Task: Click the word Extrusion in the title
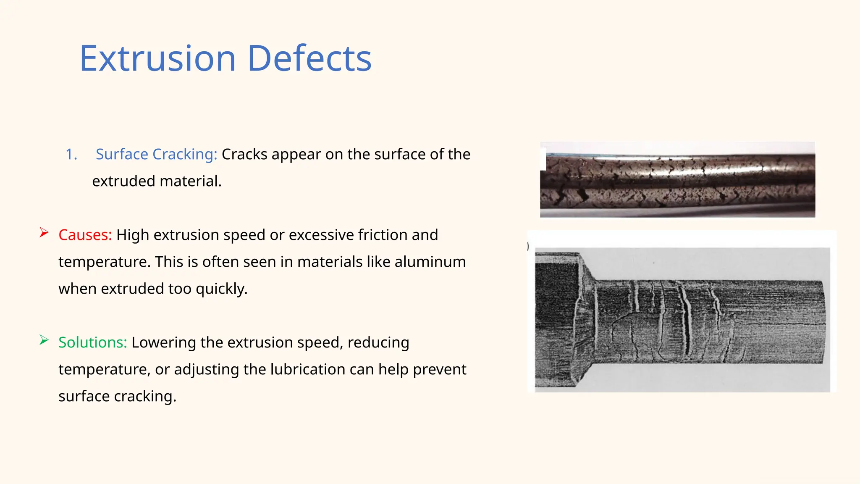tap(157, 58)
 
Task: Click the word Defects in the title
tap(309, 58)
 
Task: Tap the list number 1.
tap(71, 154)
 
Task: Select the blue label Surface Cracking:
tap(156, 154)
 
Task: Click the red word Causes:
tap(85, 235)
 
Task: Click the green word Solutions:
tap(92, 342)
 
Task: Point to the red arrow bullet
tap(44, 232)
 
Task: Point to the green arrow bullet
tap(44, 340)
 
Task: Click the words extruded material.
tap(157, 181)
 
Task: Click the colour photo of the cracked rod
tap(677, 180)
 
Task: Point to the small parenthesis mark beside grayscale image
tap(528, 247)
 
